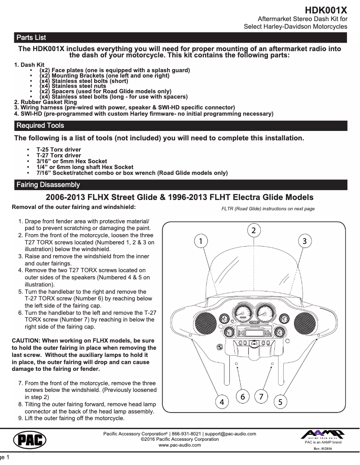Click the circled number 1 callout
201,241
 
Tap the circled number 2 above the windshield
254,230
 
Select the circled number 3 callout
304,241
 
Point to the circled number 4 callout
221,402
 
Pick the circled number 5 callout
280,402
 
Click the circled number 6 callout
242,396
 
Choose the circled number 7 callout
261,396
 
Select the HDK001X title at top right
326,10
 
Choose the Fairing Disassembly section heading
48,185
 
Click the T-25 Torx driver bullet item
58,149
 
